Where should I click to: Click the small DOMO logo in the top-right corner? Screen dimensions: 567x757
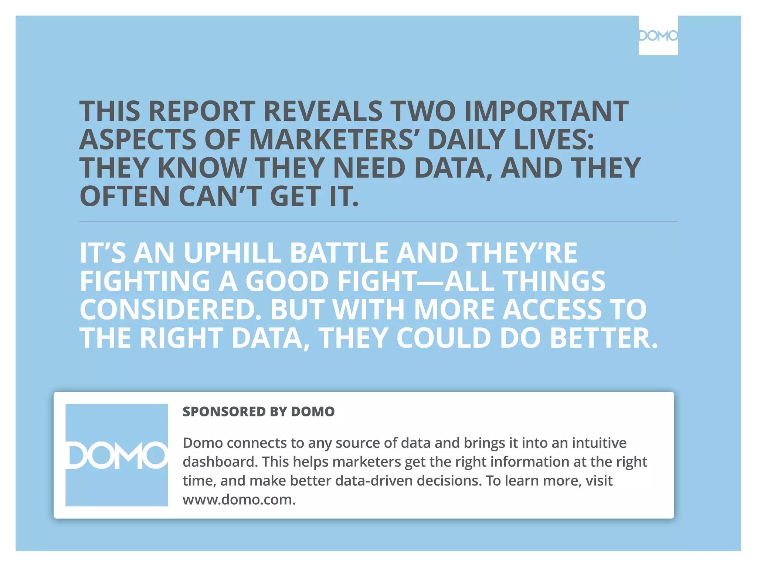(x=658, y=36)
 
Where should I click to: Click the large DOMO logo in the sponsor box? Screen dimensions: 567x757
(x=117, y=455)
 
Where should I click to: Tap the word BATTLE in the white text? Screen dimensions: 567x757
(x=338, y=253)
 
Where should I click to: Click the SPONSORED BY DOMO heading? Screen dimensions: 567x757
(x=258, y=412)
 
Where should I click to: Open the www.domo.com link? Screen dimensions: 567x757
(x=239, y=500)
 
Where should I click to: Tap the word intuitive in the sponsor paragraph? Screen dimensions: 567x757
(x=599, y=443)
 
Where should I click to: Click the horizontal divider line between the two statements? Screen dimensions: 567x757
(x=378, y=222)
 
